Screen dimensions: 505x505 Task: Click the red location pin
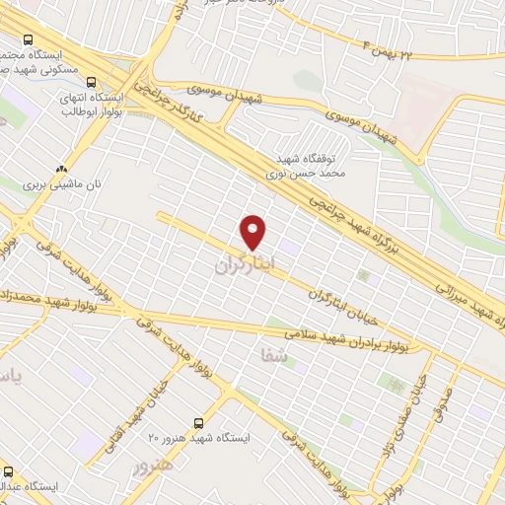[253, 232]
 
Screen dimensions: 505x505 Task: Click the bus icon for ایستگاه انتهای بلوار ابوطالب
[91, 83]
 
